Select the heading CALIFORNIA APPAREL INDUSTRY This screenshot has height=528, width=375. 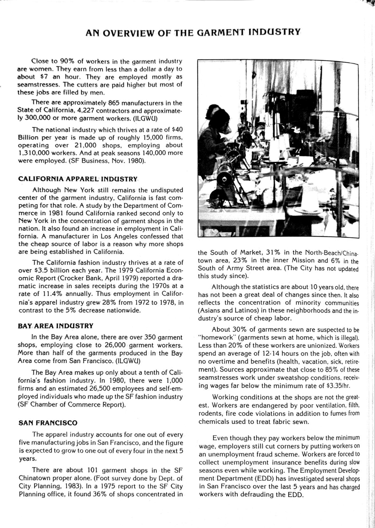pyautogui.click(x=78, y=179)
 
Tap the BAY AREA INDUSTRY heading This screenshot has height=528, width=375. pyautogui.click(x=55, y=326)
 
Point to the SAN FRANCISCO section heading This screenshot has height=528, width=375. pyautogui.click(x=48, y=423)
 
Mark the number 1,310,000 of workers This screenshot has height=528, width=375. pyautogui.click(x=33, y=153)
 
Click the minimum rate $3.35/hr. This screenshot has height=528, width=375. pyautogui.click(x=338, y=385)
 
